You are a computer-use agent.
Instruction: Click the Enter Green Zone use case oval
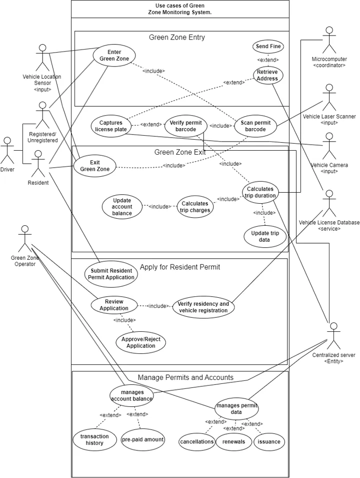pos(114,56)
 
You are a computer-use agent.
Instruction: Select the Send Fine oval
pos(268,47)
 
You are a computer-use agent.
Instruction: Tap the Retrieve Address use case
pos(268,75)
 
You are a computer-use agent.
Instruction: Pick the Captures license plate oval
pos(111,126)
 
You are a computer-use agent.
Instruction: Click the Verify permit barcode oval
pos(186,126)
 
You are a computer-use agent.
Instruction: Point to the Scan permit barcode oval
pos(255,126)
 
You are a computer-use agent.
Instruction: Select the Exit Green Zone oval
pos(94,166)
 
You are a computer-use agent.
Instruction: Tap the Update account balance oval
pos(122,207)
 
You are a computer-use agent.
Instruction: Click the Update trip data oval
pos(264,237)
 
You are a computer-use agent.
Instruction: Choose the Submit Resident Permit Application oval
pos(111,274)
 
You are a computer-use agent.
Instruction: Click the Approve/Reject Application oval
pos(140,342)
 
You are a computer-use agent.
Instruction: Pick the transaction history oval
pos(94,439)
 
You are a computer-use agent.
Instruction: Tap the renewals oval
pos(233,442)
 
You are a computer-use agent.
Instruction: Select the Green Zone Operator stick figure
pos(24,239)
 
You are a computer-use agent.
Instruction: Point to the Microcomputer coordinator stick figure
pos(329,40)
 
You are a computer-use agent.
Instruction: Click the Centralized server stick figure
pos(334,336)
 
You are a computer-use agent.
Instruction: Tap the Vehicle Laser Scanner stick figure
pos(329,98)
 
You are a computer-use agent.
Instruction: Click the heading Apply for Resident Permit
pos(180,267)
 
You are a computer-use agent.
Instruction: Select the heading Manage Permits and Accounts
pos(185,377)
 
